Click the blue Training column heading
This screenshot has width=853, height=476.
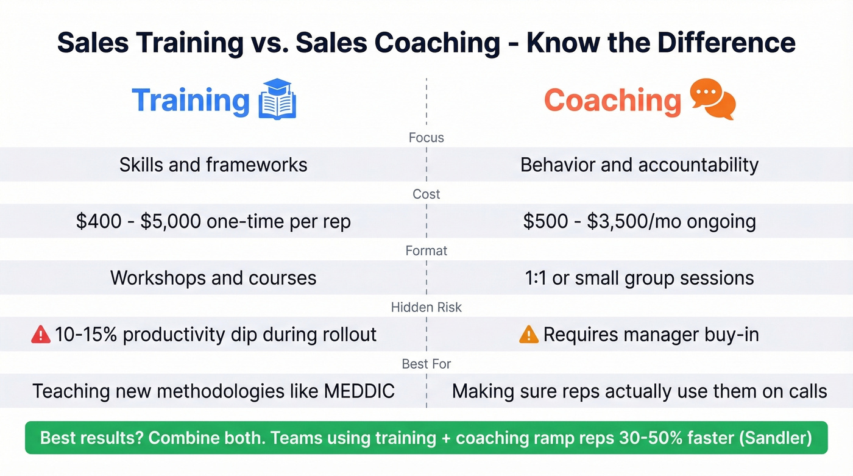point(190,101)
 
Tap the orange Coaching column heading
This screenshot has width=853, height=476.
point(612,101)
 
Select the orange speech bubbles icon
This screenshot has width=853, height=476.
point(712,99)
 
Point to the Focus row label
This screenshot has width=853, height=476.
point(426,138)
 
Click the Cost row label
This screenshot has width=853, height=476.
point(426,194)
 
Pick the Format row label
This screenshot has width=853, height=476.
point(426,250)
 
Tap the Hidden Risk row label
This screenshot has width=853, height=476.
point(426,308)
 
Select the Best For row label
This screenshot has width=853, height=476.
point(426,364)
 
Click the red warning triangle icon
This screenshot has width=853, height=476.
point(41,334)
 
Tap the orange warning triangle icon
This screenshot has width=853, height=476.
point(528,334)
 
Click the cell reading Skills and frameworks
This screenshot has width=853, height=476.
point(213,165)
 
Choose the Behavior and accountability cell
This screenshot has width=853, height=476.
point(639,165)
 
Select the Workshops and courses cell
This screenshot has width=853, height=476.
point(213,278)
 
